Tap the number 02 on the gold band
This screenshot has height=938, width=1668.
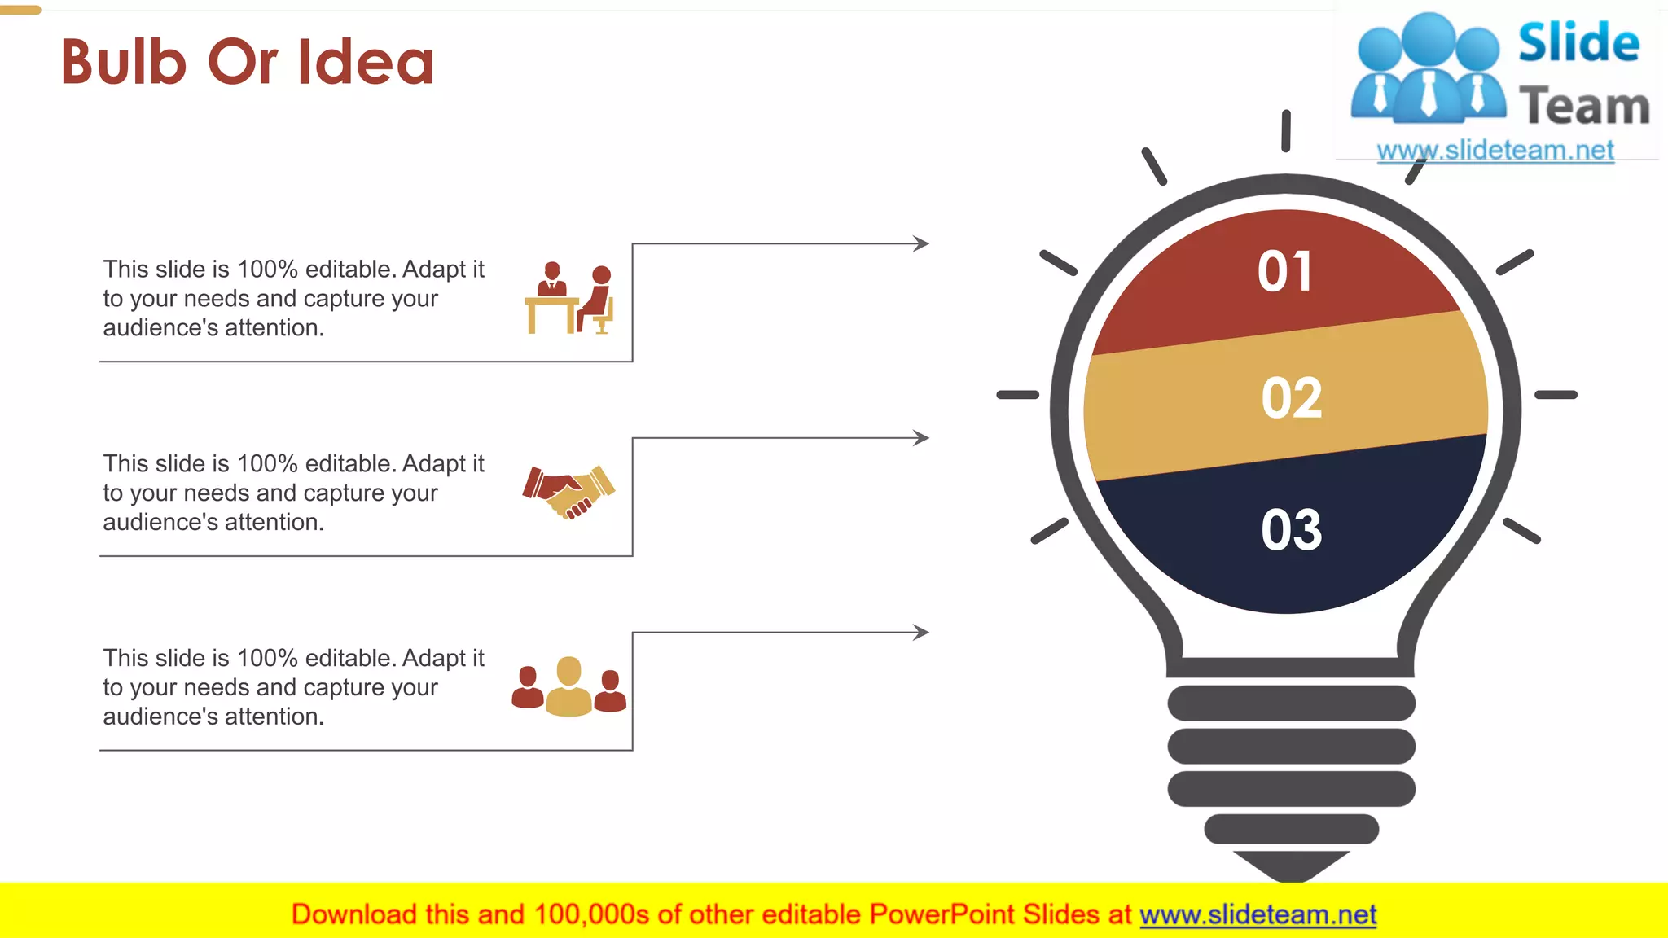(x=1292, y=398)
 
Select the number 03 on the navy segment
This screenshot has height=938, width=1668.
(x=1292, y=530)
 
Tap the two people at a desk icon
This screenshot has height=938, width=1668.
(x=569, y=298)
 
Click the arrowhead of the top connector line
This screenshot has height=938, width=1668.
(x=922, y=243)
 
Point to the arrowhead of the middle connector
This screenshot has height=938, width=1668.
(x=922, y=438)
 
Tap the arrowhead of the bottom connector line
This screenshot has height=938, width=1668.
(x=922, y=633)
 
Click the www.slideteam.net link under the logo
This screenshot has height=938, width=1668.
(x=1495, y=151)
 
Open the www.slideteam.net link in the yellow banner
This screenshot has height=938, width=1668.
(x=1258, y=915)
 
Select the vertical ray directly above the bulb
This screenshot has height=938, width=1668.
(x=1286, y=130)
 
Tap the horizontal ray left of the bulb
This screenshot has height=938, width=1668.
(x=1018, y=395)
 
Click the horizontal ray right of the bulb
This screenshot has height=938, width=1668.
(x=1556, y=395)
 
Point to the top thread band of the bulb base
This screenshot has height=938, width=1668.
(x=1291, y=703)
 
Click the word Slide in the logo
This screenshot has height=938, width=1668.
(x=1578, y=43)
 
